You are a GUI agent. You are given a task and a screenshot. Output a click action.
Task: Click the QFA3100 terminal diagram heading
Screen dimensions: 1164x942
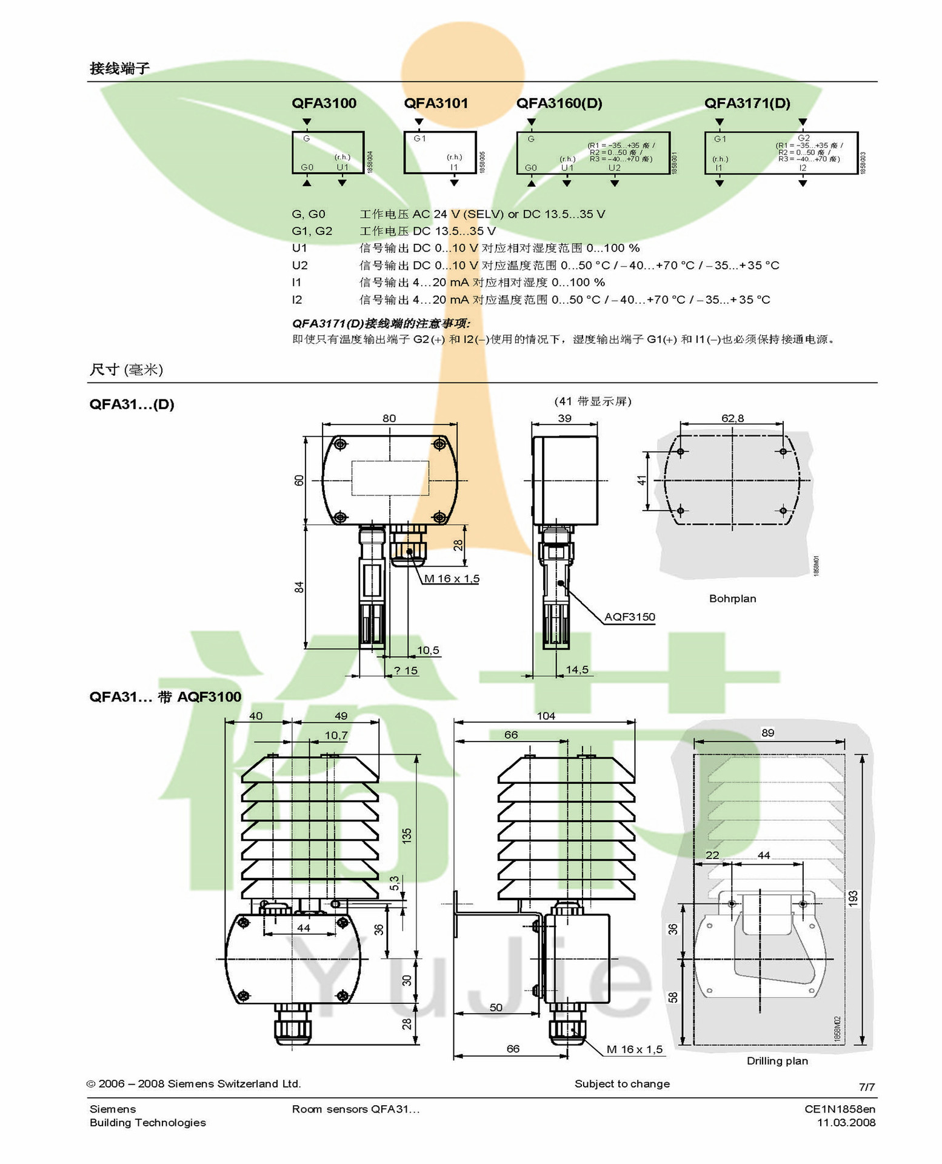(x=324, y=103)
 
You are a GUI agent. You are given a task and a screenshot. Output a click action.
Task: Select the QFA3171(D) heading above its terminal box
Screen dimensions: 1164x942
(x=747, y=103)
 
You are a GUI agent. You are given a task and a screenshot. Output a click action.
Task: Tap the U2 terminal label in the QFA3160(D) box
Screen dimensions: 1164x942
(x=614, y=168)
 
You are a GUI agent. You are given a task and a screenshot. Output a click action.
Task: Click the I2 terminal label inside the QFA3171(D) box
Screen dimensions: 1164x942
(x=803, y=168)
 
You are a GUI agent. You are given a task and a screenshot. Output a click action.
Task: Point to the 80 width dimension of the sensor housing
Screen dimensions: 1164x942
(x=389, y=418)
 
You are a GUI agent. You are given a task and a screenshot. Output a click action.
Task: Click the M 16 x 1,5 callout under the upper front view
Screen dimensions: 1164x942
(x=452, y=579)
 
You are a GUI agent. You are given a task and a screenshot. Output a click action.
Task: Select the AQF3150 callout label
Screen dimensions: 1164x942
(x=629, y=617)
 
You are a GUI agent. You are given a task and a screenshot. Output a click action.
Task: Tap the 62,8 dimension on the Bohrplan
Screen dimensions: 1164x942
(x=732, y=418)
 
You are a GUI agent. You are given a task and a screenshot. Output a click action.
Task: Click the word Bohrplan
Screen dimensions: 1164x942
(x=732, y=599)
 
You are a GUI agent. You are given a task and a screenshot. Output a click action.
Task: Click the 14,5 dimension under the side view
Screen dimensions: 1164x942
(x=576, y=670)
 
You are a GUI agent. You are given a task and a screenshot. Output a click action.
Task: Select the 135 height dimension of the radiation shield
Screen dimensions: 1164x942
(x=407, y=835)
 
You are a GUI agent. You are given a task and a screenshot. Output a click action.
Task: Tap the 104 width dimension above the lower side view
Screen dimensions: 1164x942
(x=546, y=716)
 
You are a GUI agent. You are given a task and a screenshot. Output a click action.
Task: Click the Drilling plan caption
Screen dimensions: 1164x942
(x=777, y=1061)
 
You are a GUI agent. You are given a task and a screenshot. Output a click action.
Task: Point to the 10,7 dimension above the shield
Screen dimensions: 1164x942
(x=336, y=735)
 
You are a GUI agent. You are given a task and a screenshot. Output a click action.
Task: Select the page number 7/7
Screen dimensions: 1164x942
(x=867, y=1087)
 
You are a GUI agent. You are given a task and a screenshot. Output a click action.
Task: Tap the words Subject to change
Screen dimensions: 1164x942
(x=622, y=1084)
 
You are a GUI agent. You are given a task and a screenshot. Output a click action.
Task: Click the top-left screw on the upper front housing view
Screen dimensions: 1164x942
(x=341, y=444)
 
